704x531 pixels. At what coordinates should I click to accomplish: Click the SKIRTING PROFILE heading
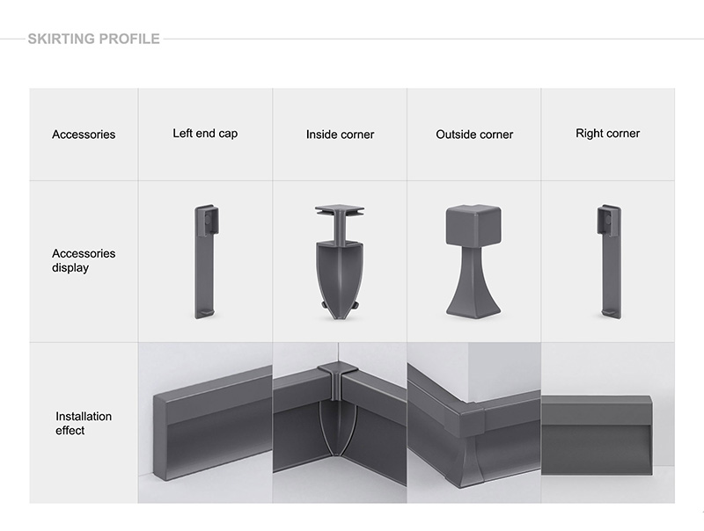(94, 39)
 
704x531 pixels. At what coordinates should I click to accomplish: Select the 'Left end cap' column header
(205, 134)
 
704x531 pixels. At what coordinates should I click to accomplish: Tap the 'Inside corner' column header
(340, 135)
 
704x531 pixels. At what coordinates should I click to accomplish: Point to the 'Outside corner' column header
(474, 135)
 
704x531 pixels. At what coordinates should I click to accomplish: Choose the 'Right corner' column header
(607, 134)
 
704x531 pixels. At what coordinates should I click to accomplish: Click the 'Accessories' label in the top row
(84, 135)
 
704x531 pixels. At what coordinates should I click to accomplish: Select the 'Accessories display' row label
(84, 260)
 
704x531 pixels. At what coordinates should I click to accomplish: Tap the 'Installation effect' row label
(84, 424)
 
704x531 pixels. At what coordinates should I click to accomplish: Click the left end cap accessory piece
(206, 262)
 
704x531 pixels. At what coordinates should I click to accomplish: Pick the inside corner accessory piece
(340, 262)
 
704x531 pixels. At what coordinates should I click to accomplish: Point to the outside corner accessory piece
(473, 262)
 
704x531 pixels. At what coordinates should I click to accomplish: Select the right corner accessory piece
(609, 262)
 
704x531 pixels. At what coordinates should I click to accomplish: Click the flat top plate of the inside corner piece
(340, 210)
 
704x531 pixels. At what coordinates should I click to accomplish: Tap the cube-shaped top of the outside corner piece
(473, 225)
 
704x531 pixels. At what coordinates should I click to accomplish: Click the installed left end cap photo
(205, 423)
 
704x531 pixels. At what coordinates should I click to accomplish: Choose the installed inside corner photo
(340, 423)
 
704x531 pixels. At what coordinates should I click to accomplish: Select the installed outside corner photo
(474, 423)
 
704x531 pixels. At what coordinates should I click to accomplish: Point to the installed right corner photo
(608, 423)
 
